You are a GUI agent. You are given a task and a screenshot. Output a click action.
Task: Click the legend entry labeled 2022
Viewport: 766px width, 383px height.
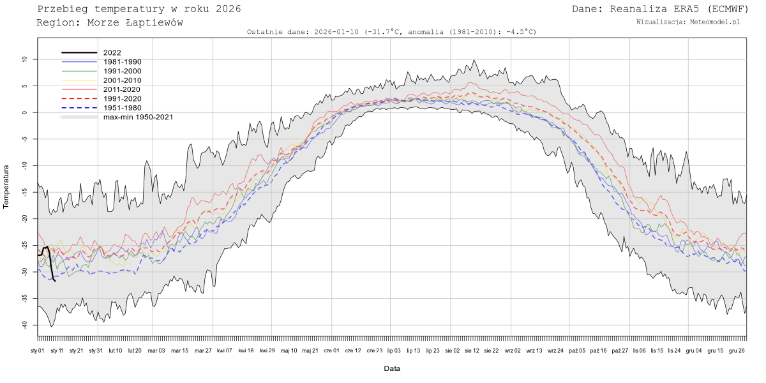(112, 53)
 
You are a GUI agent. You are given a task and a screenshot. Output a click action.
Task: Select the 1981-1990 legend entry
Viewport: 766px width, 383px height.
(122, 62)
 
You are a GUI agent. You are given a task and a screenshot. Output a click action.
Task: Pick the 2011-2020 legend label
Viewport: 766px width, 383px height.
(122, 89)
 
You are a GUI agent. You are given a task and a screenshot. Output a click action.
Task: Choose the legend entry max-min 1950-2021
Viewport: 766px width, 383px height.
(138, 117)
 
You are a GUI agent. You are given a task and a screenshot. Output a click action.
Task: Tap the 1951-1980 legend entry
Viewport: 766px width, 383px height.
(122, 108)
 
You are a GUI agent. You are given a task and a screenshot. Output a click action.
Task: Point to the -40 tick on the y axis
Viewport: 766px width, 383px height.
(26, 325)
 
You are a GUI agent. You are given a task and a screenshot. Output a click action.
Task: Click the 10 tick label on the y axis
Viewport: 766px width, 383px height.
(26, 59)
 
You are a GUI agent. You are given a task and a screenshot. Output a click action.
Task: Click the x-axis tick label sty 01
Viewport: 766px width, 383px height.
(37, 350)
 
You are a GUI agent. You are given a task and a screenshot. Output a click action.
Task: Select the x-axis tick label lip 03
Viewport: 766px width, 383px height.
(394, 350)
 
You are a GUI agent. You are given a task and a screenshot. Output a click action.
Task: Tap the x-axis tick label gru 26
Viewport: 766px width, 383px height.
(737, 350)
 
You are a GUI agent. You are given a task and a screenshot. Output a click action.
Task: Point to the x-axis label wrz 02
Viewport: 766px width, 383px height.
(513, 350)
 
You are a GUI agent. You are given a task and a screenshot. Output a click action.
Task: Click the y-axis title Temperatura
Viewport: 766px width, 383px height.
(7, 187)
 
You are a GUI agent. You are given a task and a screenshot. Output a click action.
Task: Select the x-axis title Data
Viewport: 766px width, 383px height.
(392, 368)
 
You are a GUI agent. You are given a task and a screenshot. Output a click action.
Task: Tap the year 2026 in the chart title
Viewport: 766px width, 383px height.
(229, 9)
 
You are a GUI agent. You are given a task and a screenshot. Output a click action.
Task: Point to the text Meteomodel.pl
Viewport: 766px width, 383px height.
(715, 22)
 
